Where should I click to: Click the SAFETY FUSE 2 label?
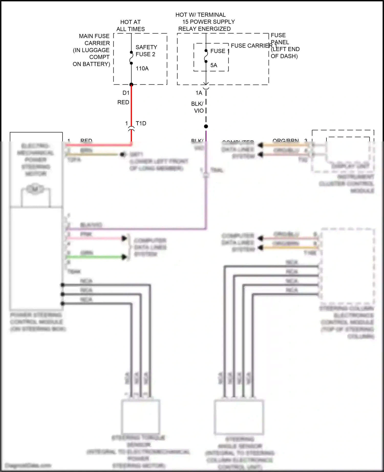coord(146,51)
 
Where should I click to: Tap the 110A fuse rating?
coord(142,69)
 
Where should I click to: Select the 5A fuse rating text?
coord(214,65)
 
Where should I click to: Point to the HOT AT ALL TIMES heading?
coord(131,26)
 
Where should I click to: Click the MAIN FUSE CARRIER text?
coord(94,40)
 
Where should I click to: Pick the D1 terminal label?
coord(126,93)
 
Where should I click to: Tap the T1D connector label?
coord(141,123)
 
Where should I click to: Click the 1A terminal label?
coord(199,93)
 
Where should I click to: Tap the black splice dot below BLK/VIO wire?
coord(206,126)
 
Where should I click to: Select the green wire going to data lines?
coord(95,257)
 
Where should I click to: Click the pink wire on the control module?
coord(95,238)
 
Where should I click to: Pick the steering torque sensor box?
coord(141,417)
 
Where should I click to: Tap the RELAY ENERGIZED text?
coord(204,29)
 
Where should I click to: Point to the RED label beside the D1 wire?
coord(123,102)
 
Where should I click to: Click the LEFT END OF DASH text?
coord(285,53)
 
